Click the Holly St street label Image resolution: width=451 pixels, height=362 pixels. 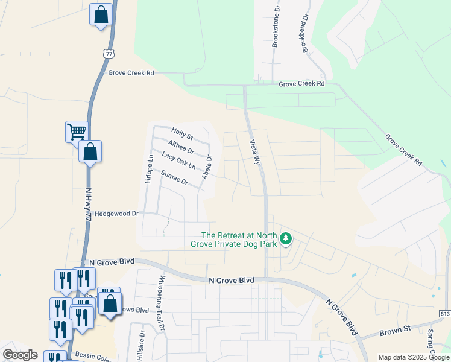(181, 133)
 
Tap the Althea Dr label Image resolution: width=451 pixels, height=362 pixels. (181, 147)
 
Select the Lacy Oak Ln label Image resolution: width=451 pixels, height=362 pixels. (179, 160)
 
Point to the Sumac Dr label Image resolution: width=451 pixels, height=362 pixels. (175, 177)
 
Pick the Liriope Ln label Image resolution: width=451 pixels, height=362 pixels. (148, 169)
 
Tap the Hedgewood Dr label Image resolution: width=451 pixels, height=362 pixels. (117, 214)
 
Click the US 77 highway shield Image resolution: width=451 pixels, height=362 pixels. (108, 53)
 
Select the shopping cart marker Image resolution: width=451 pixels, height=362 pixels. (77, 131)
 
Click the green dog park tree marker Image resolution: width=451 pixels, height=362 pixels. (285, 240)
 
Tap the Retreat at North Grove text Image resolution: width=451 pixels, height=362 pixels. (239, 240)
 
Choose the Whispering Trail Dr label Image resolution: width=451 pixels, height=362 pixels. (161, 305)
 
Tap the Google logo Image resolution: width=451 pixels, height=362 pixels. (20, 355)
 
